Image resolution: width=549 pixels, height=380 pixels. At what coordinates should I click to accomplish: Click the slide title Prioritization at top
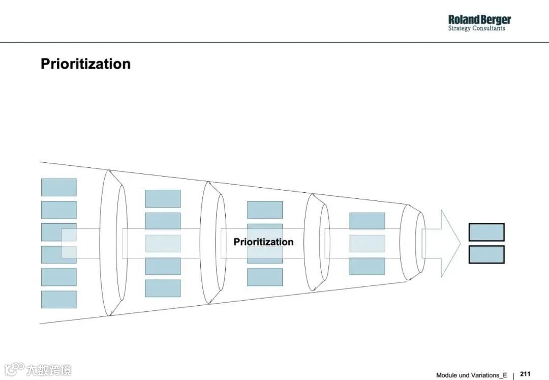pyautogui.click(x=85, y=64)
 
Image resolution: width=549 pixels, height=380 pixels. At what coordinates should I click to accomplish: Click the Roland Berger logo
pyautogui.click(x=479, y=20)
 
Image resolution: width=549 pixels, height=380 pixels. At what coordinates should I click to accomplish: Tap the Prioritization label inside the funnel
pyautogui.click(x=263, y=242)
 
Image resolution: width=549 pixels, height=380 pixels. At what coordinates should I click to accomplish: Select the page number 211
pyautogui.click(x=525, y=374)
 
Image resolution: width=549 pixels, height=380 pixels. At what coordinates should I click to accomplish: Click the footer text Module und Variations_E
pyautogui.click(x=471, y=375)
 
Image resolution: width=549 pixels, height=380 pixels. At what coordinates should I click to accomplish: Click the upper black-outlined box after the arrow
pyautogui.click(x=486, y=232)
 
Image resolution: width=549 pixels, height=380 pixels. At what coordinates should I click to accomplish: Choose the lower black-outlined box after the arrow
pyautogui.click(x=486, y=254)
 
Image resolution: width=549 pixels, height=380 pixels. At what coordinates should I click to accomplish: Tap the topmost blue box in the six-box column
pyautogui.click(x=59, y=187)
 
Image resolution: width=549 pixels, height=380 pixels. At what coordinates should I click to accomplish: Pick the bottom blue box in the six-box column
pyautogui.click(x=59, y=299)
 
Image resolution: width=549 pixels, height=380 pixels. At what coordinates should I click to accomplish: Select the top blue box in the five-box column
pyautogui.click(x=163, y=198)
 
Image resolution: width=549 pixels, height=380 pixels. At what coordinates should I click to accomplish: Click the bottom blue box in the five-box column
pyautogui.click(x=163, y=288)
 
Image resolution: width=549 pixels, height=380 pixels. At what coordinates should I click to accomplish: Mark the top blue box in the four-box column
pyautogui.click(x=265, y=210)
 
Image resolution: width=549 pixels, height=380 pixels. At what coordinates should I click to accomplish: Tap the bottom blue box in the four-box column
pyautogui.click(x=265, y=277)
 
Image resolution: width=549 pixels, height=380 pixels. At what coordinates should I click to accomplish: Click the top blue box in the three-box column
pyautogui.click(x=367, y=221)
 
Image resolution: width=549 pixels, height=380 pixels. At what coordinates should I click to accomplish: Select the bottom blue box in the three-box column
pyautogui.click(x=367, y=266)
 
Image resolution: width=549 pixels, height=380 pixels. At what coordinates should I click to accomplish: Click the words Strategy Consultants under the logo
pyautogui.click(x=476, y=28)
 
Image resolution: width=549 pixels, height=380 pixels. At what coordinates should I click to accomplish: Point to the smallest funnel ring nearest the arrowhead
pyautogui.click(x=419, y=242)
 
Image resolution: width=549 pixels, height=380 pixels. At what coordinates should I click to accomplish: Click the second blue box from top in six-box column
pyautogui.click(x=59, y=210)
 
